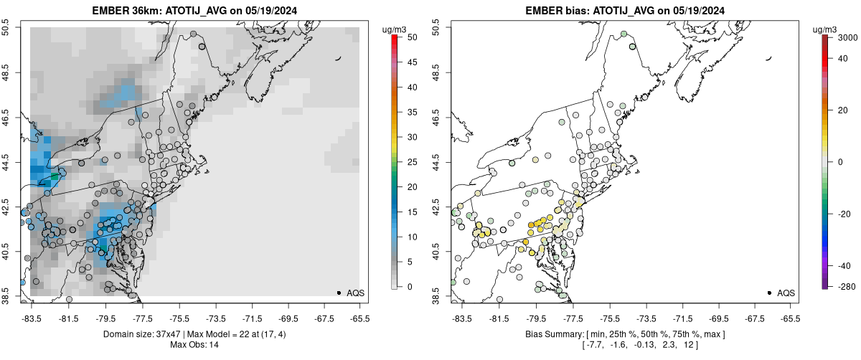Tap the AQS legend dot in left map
pyautogui.click(x=339, y=293)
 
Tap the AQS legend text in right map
pyautogui.click(x=786, y=293)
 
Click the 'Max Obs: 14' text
pyautogui.click(x=194, y=345)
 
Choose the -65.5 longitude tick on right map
pyautogui.click(x=789, y=316)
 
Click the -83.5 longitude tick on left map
pyautogui.click(x=31, y=316)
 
